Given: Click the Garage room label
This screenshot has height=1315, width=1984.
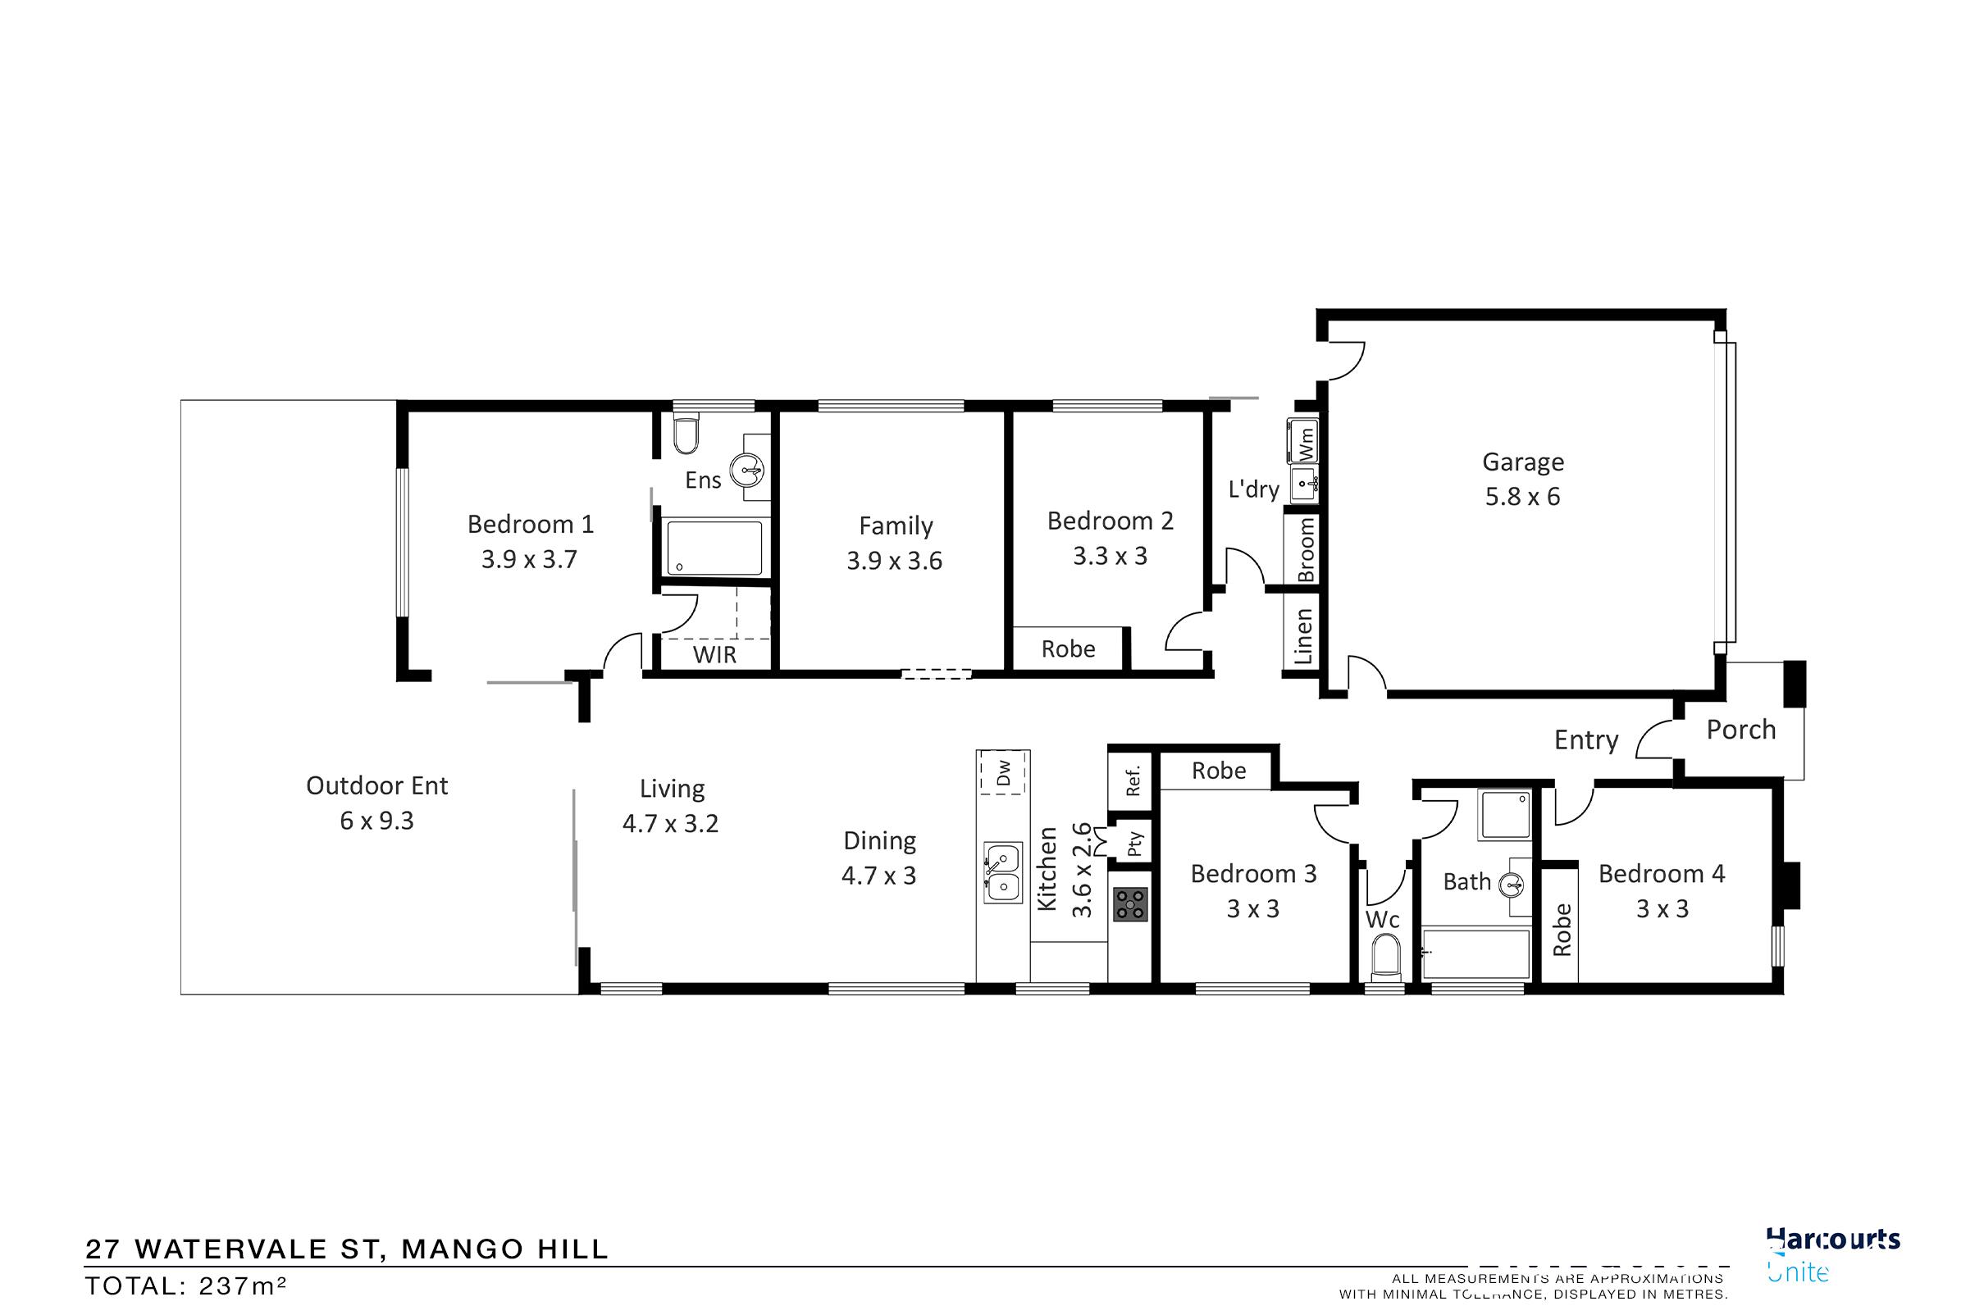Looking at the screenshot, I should click(1522, 462).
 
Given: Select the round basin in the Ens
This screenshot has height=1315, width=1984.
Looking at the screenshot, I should click(746, 471).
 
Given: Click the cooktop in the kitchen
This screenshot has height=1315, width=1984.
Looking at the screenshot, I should click(1129, 905).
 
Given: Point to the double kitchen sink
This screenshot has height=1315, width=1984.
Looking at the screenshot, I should click(1002, 872).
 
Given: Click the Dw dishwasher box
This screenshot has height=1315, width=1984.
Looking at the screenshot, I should click(1003, 772).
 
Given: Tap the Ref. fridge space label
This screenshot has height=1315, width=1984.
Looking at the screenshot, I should click(1133, 781).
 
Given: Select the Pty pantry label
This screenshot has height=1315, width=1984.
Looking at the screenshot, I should click(1134, 844).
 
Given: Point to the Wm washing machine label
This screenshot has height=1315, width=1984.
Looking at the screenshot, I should click(1306, 442).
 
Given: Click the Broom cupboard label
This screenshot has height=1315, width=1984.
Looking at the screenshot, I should click(1306, 549).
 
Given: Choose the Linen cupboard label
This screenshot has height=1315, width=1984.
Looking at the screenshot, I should click(1302, 636).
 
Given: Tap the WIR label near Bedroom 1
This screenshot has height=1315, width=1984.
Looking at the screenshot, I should click(714, 654).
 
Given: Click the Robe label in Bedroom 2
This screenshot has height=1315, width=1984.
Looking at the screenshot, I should click(1068, 649).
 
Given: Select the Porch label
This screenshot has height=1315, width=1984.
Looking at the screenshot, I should click(1740, 730).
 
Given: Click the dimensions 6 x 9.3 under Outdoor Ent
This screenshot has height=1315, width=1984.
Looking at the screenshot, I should click(376, 820).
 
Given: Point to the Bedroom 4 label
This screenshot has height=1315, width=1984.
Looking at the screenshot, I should click(1661, 874).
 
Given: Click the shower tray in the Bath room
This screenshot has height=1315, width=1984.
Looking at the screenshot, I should click(1505, 813).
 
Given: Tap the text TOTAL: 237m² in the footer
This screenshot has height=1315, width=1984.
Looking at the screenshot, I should click(186, 1285).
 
